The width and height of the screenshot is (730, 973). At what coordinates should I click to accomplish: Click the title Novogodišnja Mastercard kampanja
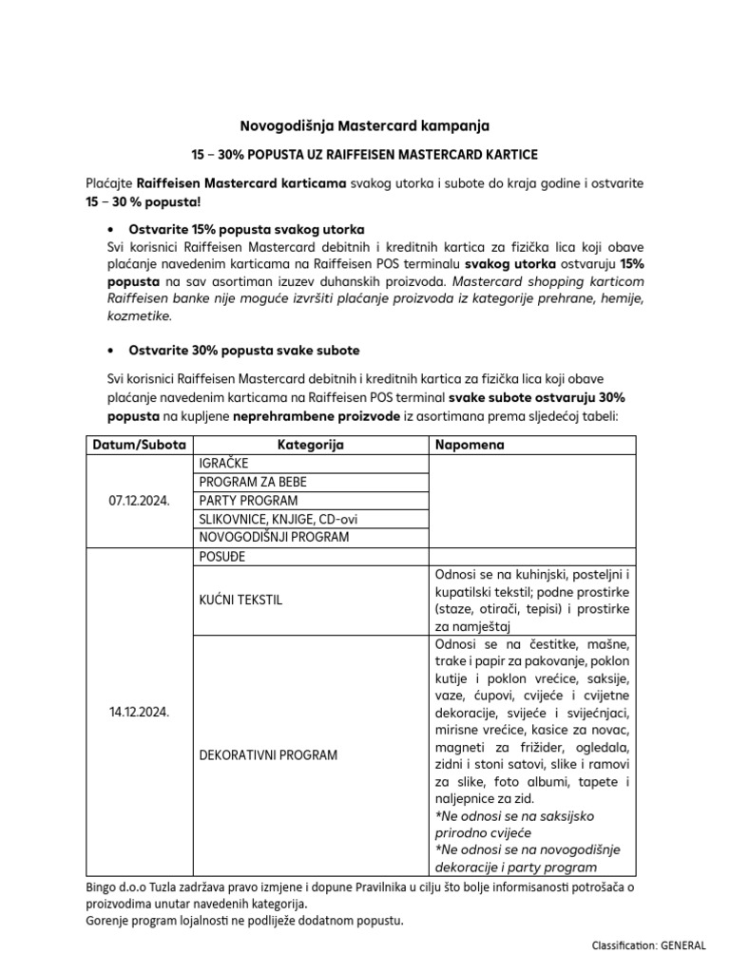pos(364,124)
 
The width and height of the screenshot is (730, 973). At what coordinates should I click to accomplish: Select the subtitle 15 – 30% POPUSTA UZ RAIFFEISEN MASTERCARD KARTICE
pos(364,154)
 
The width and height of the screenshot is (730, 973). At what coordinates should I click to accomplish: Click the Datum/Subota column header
pos(139,445)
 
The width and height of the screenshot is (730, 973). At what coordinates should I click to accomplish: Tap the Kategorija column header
pos(310,445)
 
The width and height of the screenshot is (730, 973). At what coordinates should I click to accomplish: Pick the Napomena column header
pos(470,445)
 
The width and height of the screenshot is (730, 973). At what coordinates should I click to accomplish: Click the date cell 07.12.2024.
pos(139,501)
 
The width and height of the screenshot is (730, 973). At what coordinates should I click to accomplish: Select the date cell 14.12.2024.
pos(139,711)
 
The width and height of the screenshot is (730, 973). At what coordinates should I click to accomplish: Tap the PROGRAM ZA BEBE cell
pos(253,482)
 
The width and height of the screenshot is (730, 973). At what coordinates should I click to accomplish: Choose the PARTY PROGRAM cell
pos(248,501)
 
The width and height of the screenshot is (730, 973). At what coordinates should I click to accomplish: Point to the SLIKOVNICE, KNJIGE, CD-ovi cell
pos(279,519)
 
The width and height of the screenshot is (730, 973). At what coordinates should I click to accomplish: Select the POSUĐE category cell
pos(221,556)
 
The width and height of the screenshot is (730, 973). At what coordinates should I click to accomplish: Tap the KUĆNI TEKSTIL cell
pos(240,601)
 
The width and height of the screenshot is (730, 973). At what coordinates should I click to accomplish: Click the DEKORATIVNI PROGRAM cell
pos(268,755)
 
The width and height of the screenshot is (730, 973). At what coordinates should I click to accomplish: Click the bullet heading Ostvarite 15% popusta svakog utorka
pos(237,230)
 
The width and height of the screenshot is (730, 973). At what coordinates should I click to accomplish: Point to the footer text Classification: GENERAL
pos(648,945)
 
